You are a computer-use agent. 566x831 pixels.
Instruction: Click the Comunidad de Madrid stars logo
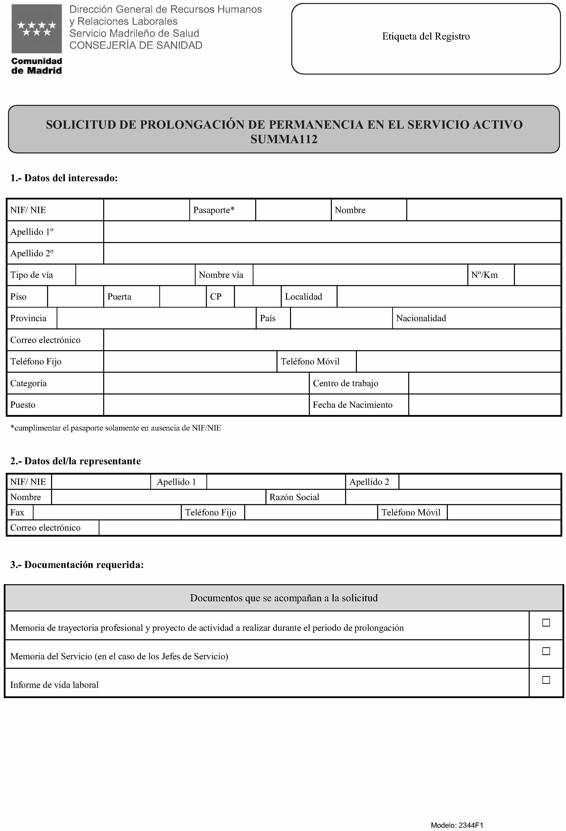[x=37, y=29]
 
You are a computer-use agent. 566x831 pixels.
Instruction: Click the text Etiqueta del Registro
[x=426, y=37]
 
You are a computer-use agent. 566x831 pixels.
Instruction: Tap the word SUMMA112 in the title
[x=284, y=139]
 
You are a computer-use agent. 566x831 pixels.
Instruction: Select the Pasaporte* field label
[x=214, y=210]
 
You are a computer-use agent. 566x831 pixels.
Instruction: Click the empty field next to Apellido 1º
[x=332, y=232]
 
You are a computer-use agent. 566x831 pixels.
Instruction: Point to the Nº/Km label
[x=484, y=275]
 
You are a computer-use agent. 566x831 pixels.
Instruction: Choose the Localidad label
[x=303, y=296]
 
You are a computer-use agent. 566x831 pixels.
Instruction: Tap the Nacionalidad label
[x=421, y=318]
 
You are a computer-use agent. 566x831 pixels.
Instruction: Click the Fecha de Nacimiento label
[x=352, y=405]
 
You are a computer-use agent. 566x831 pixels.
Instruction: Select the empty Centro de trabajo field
[x=484, y=383]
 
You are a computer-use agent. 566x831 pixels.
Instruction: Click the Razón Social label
[x=294, y=497]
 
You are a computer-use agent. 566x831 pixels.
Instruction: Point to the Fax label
[x=17, y=512]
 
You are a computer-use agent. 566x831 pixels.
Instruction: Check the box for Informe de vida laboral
[x=546, y=680]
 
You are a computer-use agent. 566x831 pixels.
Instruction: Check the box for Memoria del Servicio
[x=546, y=651]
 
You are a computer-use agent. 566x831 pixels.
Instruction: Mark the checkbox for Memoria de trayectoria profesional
[x=546, y=622]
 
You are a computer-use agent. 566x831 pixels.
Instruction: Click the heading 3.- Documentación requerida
[x=77, y=565]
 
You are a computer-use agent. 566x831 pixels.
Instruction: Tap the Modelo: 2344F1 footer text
[x=457, y=825]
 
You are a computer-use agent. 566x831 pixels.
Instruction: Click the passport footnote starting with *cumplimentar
[x=115, y=428]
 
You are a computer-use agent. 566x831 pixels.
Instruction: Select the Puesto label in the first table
[x=23, y=405]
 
